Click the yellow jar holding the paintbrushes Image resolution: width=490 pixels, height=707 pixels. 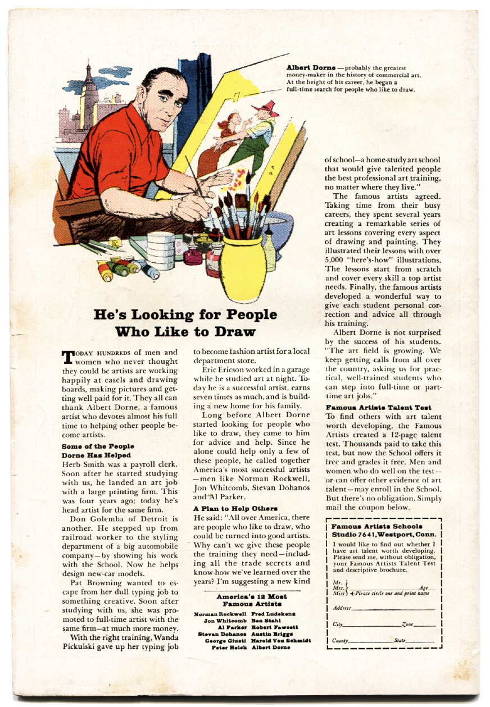(x=242, y=268)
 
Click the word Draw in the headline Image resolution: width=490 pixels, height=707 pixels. (x=232, y=331)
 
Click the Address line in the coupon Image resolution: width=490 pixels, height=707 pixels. (x=388, y=608)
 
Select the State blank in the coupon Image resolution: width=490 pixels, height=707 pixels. (x=415, y=640)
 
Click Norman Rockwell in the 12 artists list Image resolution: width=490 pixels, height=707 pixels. (x=220, y=614)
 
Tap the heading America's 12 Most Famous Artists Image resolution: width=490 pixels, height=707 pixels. (x=251, y=600)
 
